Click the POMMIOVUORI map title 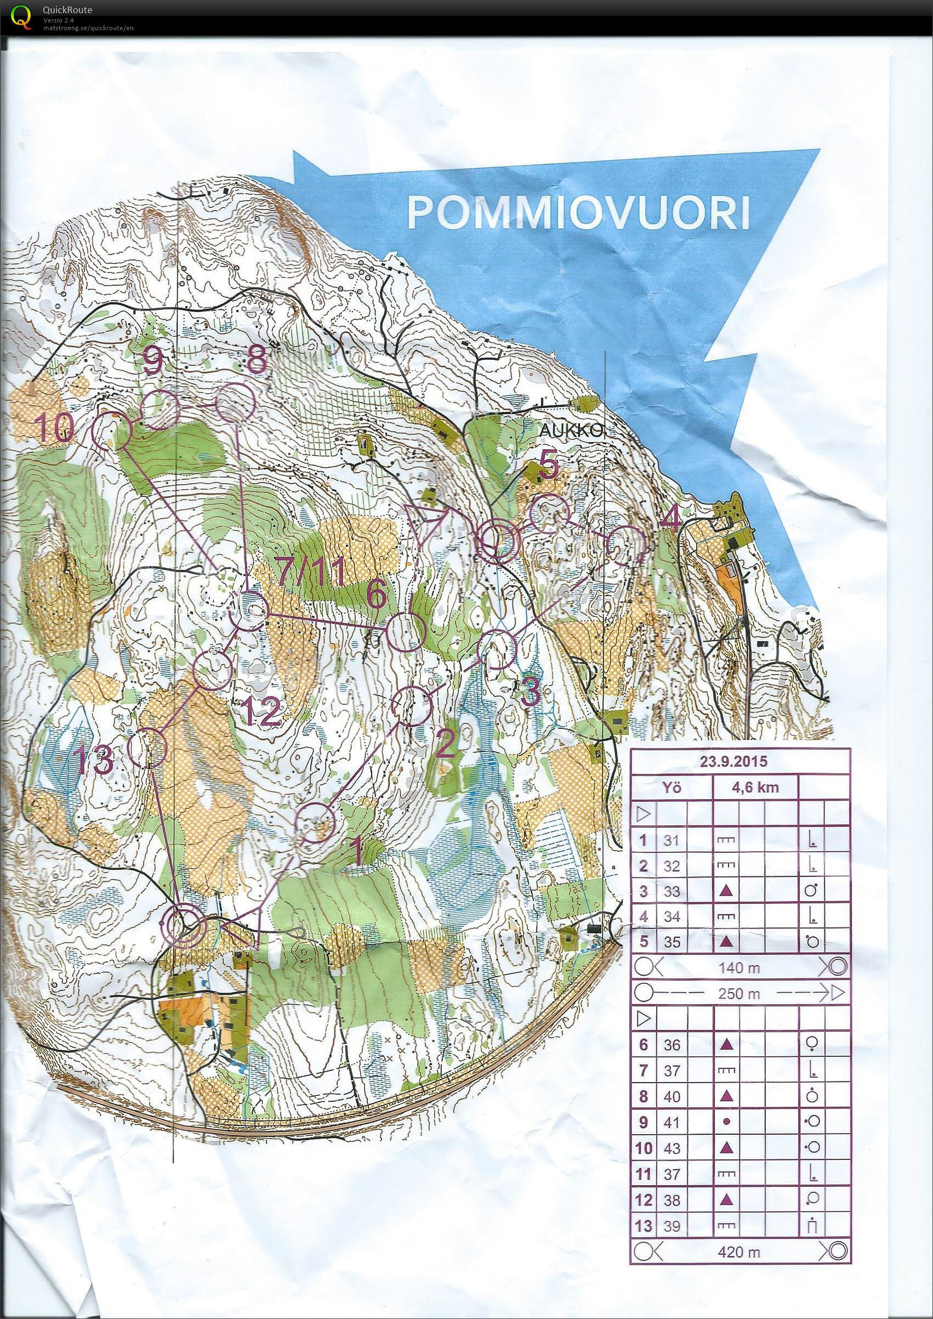[578, 213]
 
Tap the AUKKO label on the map [572, 431]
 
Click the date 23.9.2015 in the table [733, 762]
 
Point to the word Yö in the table [671, 787]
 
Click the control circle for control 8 [236, 404]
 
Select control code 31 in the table [671, 840]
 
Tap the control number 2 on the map [444, 746]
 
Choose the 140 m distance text [739, 968]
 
